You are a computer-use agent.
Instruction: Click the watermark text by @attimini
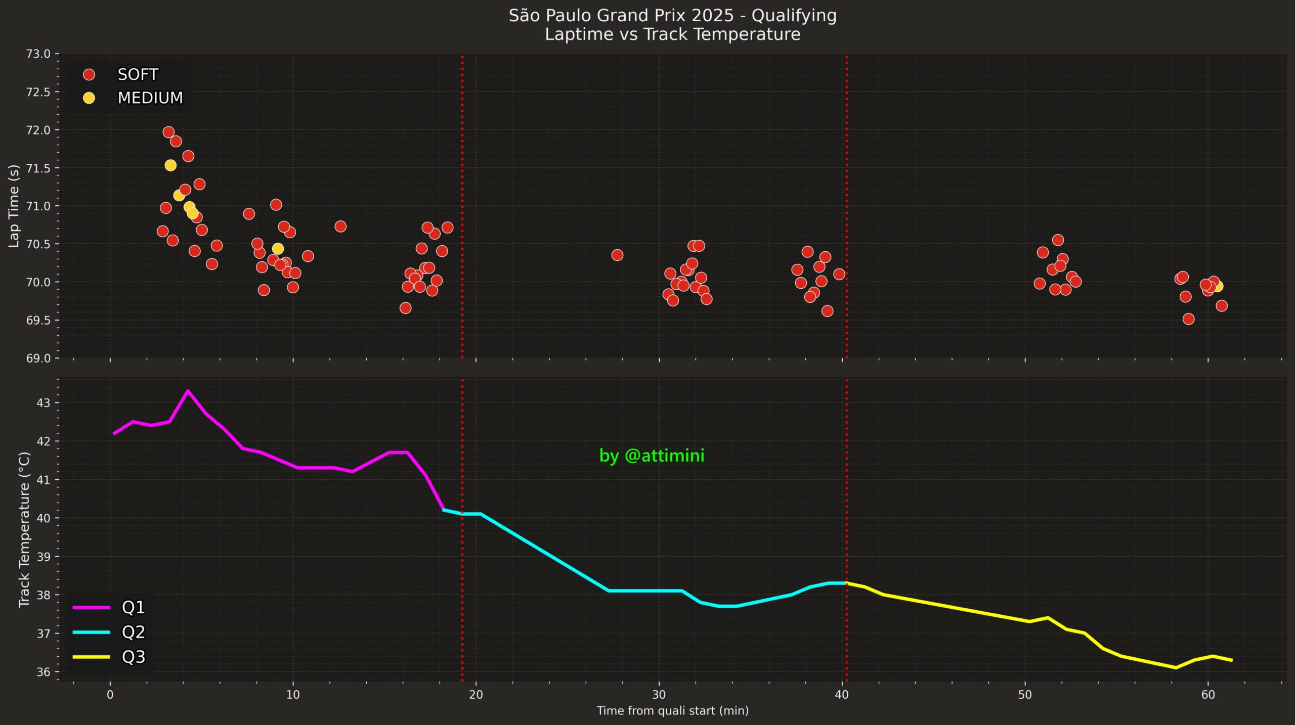click(652, 456)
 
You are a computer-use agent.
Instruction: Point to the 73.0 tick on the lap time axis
click(38, 54)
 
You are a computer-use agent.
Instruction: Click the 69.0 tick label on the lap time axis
click(38, 358)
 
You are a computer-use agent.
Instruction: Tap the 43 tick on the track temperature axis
click(44, 403)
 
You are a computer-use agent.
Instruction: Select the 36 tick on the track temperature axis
click(44, 672)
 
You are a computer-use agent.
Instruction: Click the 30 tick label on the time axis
click(659, 695)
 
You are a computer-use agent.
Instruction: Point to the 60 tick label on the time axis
click(1207, 695)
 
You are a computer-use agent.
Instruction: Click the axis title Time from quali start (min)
click(672, 711)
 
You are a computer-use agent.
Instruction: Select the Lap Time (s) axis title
click(14, 206)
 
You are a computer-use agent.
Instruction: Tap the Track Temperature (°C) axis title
click(24, 529)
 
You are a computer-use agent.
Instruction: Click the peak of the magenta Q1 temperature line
click(188, 391)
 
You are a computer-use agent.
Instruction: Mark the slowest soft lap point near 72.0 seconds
click(168, 132)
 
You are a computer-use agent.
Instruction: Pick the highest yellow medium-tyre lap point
click(170, 165)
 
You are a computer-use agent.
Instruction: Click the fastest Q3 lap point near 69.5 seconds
click(1188, 319)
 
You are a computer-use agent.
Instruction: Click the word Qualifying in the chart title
click(794, 16)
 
